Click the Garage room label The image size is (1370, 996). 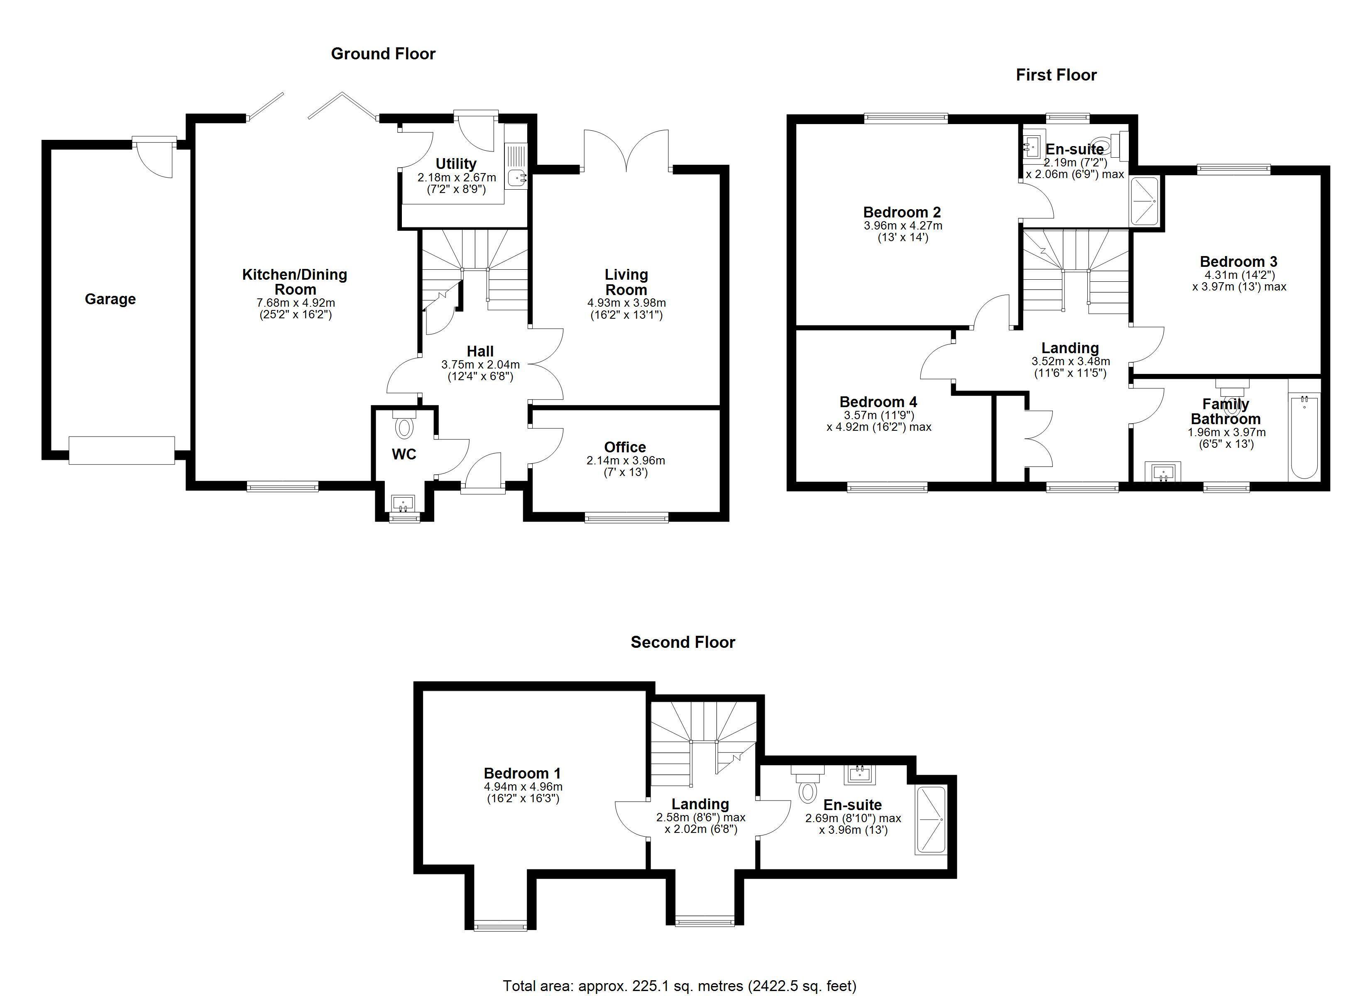[x=110, y=299]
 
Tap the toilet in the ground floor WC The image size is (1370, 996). [x=404, y=424]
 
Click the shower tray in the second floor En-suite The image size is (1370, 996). [x=930, y=820]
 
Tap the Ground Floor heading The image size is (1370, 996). [x=383, y=54]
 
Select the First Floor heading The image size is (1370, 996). [x=1056, y=75]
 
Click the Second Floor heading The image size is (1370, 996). [x=683, y=642]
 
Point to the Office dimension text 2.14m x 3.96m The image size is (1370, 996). [x=626, y=460]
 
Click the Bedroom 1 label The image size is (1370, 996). [x=523, y=773]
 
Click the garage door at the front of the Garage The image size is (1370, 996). [x=122, y=451]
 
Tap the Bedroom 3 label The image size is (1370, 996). [x=1238, y=261]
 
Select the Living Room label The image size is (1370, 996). [x=626, y=282]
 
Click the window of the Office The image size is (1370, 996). [x=626, y=517]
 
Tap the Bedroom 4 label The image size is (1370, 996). [x=878, y=402]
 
